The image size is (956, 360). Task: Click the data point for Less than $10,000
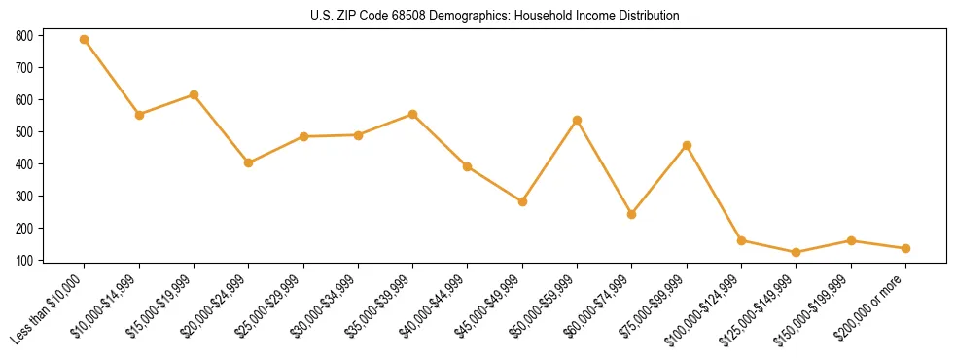(85, 40)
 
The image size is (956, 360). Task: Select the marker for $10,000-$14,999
(139, 115)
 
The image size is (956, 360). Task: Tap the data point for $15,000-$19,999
(194, 94)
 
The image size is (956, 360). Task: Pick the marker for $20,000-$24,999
(249, 162)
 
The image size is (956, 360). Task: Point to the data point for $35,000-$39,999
(413, 114)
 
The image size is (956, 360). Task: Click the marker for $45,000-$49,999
(522, 201)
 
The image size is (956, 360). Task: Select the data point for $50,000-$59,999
(578, 120)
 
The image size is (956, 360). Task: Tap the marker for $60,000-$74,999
(632, 214)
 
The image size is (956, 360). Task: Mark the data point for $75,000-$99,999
(687, 145)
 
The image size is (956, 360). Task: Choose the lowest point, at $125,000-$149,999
(797, 253)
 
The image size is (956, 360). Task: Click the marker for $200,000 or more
(905, 248)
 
